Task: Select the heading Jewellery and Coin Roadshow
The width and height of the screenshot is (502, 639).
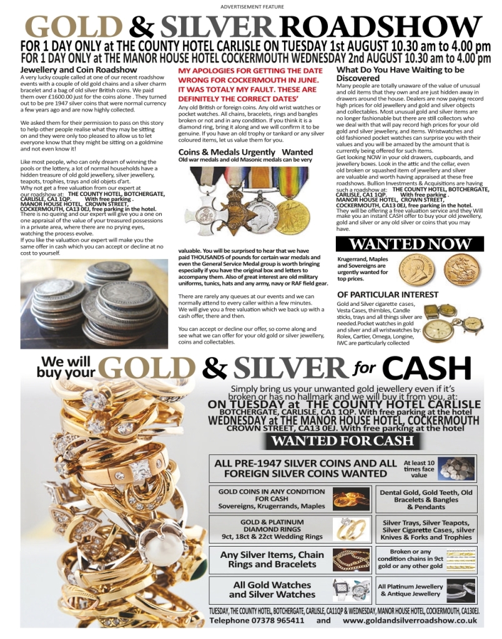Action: tap(79, 70)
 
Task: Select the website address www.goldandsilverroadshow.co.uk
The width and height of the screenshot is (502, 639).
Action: tap(410, 621)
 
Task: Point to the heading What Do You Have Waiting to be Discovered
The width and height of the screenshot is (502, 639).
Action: tap(400, 74)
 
